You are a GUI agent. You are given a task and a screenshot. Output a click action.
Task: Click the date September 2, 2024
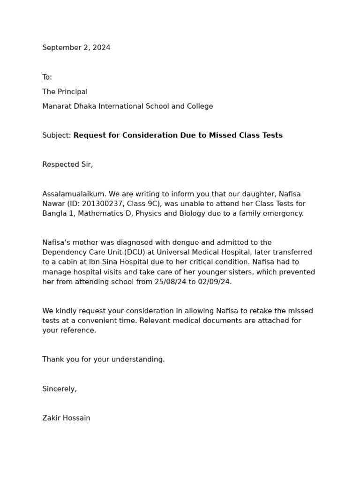click(x=76, y=48)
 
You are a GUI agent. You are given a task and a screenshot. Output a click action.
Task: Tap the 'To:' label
click(x=47, y=77)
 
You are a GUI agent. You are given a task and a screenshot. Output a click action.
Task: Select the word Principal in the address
click(x=72, y=92)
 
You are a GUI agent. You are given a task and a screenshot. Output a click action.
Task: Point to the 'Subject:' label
click(x=56, y=135)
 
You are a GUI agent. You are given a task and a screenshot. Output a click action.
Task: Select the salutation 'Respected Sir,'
click(x=67, y=165)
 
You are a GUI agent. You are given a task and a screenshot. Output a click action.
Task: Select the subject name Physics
click(x=149, y=214)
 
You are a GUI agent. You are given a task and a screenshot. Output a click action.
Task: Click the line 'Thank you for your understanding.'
click(x=104, y=360)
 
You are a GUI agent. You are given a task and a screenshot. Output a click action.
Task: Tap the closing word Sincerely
click(x=59, y=389)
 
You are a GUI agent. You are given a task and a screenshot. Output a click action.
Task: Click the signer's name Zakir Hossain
click(x=66, y=418)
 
